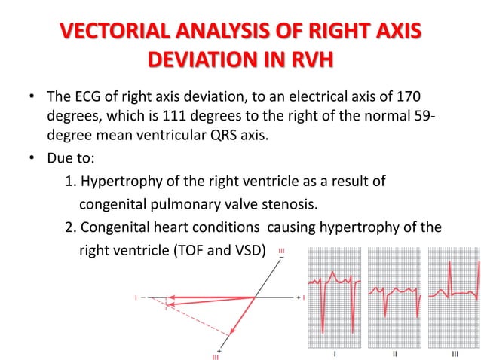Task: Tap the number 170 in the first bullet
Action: click(407, 99)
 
